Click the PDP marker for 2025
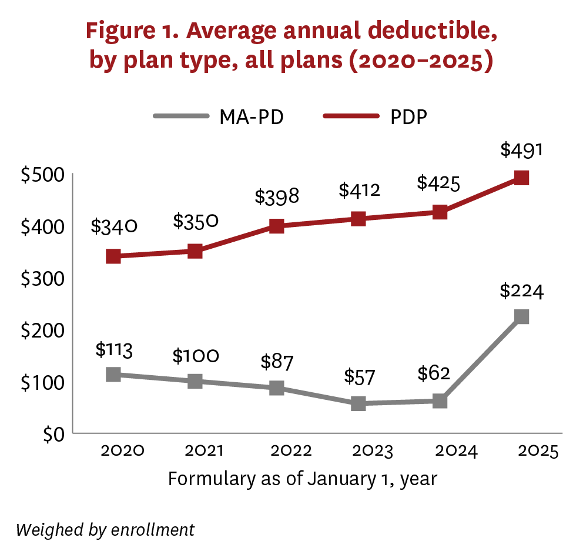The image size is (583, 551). pyautogui.click(x=521, y=178)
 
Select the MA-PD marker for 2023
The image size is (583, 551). pyautogui.click(x=358, y=403)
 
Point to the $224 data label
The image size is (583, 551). pyautogui.click(x=521, y=291)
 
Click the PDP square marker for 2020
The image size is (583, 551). pyautogui.click(x=113, y=256)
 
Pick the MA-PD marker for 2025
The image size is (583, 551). pyautogui.click(x=521, y=316)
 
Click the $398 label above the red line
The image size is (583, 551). pyautogui.click(x=277, y=196)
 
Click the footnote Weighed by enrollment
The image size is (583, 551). pyautogui.click(x=105, y=529)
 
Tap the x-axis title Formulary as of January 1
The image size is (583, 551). pyautogui.click(x=302, y=478)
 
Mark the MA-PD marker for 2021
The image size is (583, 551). pyautogui.click(x=195, y=381)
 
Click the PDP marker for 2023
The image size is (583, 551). pyautogui.click(x=358, y=219)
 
